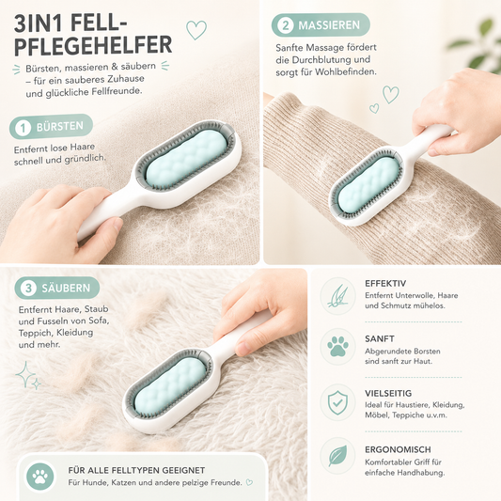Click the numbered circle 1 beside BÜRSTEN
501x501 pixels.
23,128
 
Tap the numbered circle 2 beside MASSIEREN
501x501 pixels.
286,25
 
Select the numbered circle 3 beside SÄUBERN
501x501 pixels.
28,289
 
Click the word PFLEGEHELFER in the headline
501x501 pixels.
93,46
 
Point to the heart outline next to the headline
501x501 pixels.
196,30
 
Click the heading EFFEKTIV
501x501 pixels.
385,284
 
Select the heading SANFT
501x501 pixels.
380,338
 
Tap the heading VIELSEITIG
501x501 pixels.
388,393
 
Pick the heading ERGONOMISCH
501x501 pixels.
398,449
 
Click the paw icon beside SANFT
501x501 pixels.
337,347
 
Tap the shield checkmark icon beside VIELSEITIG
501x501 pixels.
337,402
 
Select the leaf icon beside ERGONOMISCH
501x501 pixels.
337,456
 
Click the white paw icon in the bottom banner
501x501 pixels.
40,477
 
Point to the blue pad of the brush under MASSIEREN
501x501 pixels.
368,184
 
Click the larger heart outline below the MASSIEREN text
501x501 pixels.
391,95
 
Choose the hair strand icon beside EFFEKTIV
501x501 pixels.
337,295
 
